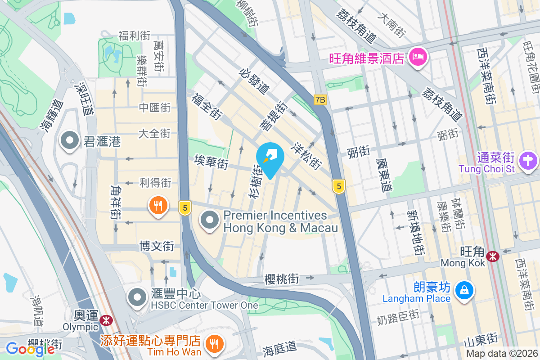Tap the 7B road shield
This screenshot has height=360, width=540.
[320, 100]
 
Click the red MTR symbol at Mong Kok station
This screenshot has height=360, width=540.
[493, 256]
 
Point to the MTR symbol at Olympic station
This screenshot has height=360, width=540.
[107, 320]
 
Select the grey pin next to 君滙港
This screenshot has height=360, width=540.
[70, 141]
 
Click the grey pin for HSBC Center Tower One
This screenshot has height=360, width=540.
[137, 297]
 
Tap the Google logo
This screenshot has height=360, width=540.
[30, 349]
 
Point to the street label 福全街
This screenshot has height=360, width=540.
[207, 106]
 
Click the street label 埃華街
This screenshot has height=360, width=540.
[211, 162]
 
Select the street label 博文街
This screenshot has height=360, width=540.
[157, 246]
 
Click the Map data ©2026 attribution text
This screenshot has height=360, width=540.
[501, 354]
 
